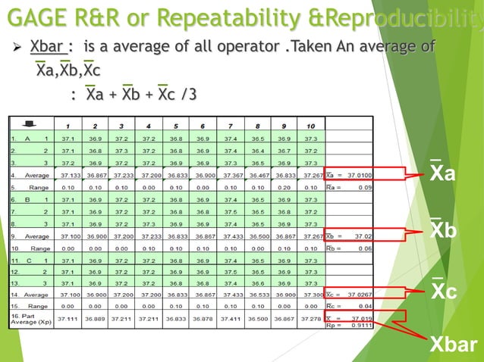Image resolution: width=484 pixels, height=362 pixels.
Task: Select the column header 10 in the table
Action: coord(310,126)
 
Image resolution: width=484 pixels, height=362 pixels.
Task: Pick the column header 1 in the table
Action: coord(68,126)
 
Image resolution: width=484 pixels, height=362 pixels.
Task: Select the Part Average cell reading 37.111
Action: coord(68,320)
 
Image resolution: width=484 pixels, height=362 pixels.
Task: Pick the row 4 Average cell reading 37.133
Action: coord(68,174)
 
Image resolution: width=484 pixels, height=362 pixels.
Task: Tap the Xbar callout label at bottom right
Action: coord(454,346)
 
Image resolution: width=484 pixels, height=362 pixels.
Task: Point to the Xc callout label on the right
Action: coord(443,291)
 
